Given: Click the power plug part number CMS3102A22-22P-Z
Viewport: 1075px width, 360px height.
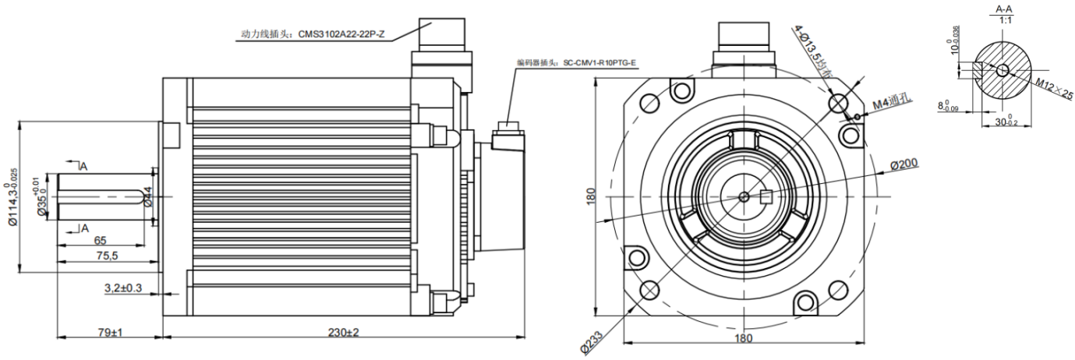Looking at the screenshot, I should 341,35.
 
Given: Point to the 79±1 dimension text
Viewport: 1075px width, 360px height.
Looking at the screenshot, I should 111,332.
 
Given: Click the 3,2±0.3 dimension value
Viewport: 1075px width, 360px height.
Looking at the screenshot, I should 123,288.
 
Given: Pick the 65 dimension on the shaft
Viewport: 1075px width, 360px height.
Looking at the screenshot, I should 100,241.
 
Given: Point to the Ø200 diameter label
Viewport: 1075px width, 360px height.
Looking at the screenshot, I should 905,164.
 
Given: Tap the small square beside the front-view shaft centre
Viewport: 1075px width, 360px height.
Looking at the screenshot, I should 765,197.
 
